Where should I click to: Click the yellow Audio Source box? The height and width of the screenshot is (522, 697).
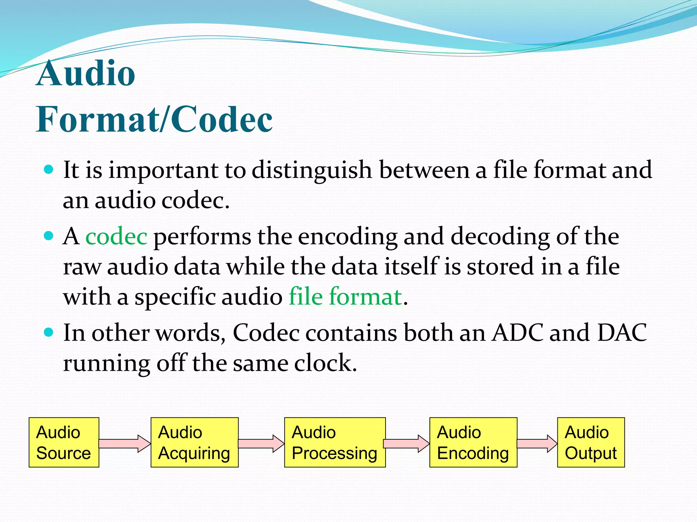[64, 442]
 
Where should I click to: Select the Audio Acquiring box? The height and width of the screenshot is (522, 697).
[194, 442]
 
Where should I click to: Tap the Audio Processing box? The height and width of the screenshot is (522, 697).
[335, 442]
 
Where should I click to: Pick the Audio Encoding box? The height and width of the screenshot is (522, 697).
[473, 442]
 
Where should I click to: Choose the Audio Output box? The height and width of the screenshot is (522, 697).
[591, 442]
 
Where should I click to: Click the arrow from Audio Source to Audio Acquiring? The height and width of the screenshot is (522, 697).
[125, 443]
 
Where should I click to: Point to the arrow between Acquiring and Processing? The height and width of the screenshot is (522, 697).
[261, 443]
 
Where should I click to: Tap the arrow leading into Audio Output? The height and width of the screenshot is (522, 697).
[537, 443]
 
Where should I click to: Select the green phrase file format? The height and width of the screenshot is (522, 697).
[345, 296]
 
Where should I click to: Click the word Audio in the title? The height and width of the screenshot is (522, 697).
[86, 73]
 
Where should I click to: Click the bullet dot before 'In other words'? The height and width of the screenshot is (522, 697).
[49, 332]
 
